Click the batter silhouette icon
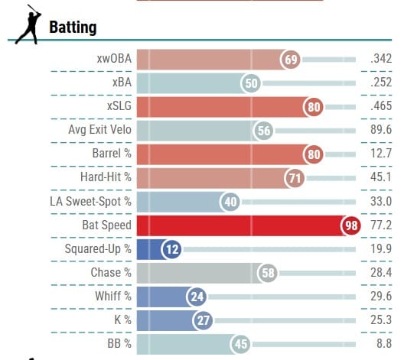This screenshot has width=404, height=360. point(28,24)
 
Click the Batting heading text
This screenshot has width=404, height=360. point(73,28)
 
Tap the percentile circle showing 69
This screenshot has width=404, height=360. point(291,60)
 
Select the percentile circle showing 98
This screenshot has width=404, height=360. point(351,225)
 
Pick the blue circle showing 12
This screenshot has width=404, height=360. point(171,249)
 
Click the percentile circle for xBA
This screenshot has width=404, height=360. point(251,83)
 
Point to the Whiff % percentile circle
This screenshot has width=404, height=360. point(197,297)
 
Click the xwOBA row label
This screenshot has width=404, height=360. point(114,59)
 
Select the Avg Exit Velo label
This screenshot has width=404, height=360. point(99,129)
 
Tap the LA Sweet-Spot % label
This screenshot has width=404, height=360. point(90,201)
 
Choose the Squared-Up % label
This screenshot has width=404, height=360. point(98,249)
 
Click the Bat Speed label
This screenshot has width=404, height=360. point(106,225)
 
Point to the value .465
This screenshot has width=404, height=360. point(381,105)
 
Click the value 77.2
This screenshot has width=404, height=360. point(381,225)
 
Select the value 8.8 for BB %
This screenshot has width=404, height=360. point(384,343)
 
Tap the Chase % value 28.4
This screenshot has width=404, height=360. point(381,272)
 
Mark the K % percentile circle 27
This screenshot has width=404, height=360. point(203,320)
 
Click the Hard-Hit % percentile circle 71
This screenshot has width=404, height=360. point(295,178)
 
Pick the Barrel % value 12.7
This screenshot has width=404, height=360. point(381,154)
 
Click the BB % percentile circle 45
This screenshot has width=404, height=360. point(241,344)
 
